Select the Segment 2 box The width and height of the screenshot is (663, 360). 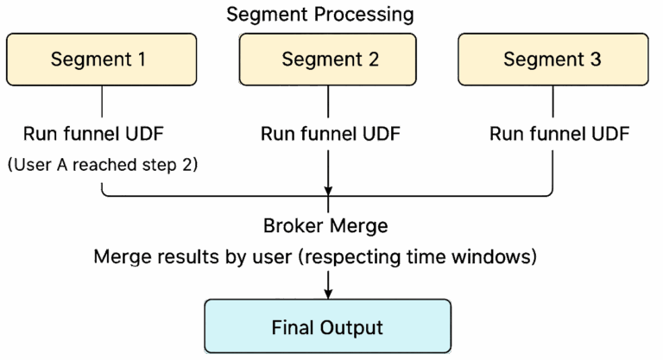point(329,60)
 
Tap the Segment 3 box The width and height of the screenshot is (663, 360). point(552,60)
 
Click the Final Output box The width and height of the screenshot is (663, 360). point(327,327)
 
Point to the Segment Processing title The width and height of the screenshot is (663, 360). point(319,15)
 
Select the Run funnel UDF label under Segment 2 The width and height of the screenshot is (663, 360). point(329,135)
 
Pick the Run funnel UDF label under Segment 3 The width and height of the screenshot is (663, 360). point(559,135)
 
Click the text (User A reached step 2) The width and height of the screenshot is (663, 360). point(102,165)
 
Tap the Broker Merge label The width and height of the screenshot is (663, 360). point(325,225)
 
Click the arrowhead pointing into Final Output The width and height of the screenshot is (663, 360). point(328,293)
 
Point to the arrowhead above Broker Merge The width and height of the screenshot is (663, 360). point(328,192)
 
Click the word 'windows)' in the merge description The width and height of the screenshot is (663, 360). point(504,257)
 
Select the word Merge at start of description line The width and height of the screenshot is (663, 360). point(119,257)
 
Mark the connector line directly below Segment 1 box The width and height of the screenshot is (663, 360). point(103,103)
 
